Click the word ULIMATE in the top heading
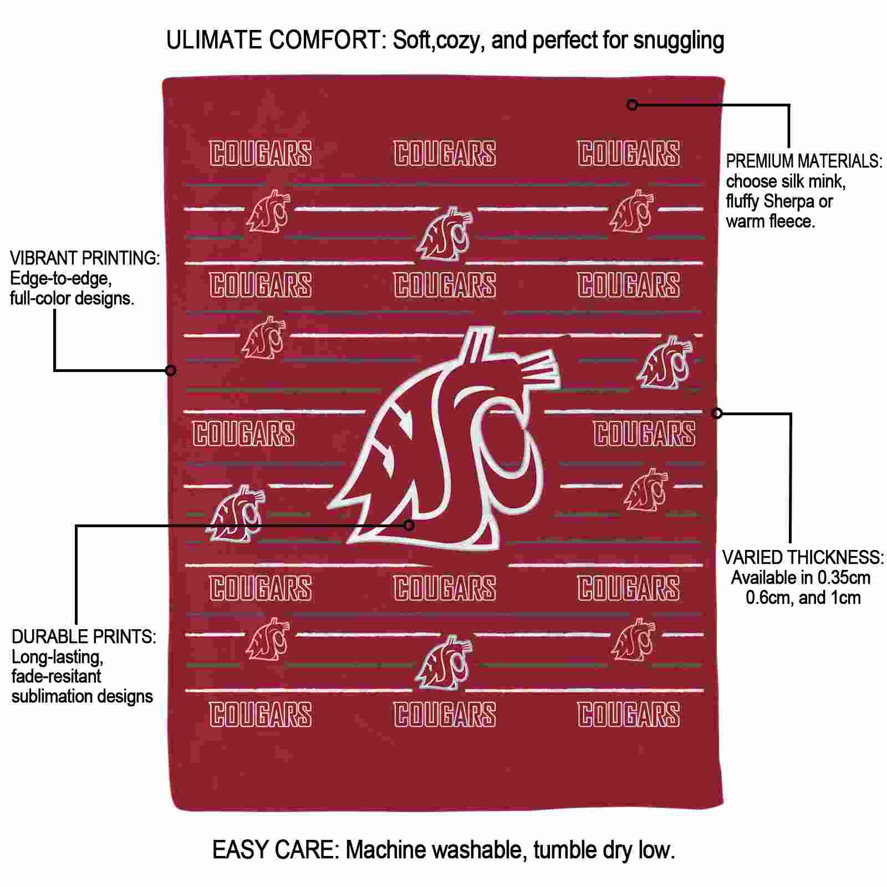pos(214,40)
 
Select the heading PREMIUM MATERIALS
pos(804,161)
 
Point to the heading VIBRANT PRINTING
pos(85,258)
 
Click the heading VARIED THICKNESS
pos(803,558)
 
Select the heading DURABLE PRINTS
pos(84,637)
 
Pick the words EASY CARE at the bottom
pos(276,849)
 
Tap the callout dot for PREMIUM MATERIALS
pos(632,104)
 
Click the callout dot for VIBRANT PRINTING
pos(171,370)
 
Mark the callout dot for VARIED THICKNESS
pos(717,413)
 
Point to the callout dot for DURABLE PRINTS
pos(409,525)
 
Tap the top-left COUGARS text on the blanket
pos(261,154)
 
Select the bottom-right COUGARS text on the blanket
pos(629,714)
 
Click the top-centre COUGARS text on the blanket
pos(445,154)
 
